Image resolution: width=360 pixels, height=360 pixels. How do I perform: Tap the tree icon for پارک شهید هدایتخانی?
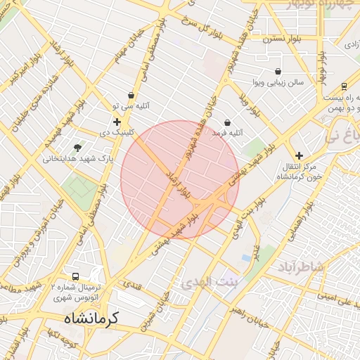(x=77, y=148)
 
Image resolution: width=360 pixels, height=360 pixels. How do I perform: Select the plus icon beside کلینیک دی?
(x=117, y=122)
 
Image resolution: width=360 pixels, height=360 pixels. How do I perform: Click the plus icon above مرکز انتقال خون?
(x=300, y=155)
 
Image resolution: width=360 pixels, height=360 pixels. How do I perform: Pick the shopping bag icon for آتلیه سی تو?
(x=131, y=95)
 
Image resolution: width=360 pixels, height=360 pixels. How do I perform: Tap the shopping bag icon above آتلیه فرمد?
(x=227, y=122)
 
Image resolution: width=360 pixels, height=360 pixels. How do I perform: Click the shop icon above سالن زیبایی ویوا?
(x=278, y=71)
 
